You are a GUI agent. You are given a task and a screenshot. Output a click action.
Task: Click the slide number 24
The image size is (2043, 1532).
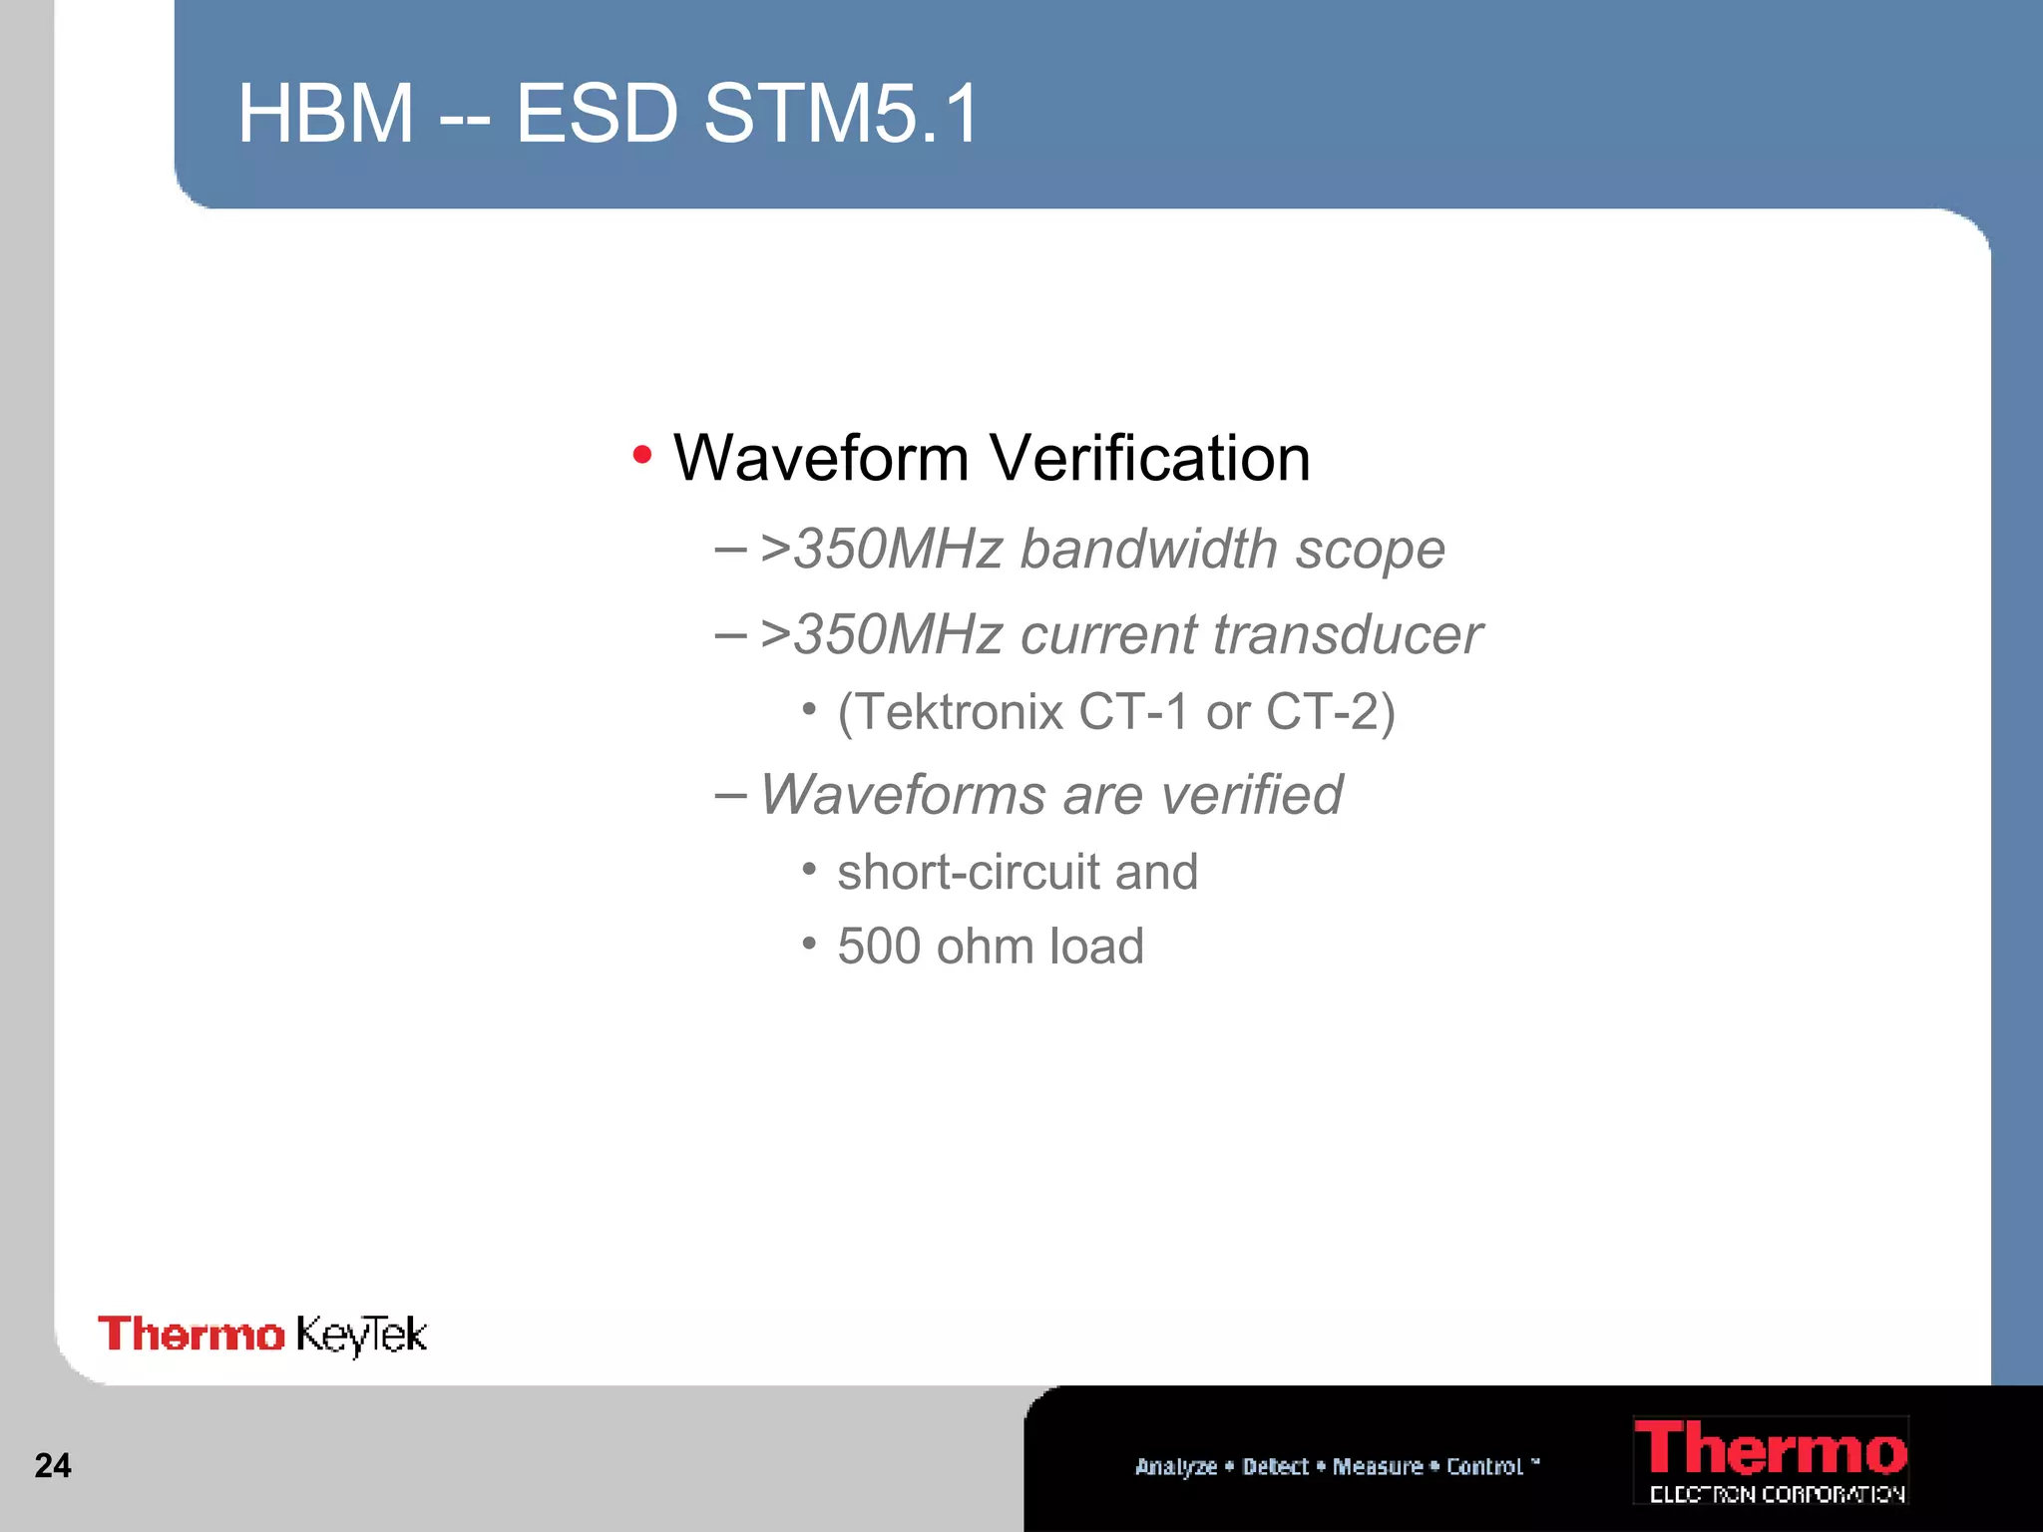click(x=53, y=1465)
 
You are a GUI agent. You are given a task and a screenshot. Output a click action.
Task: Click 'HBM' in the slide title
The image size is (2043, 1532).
click(x=325, y=114)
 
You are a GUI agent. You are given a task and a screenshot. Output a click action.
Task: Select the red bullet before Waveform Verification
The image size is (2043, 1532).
click(x=642, y=456)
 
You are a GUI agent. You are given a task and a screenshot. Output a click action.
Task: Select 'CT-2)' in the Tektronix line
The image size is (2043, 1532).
click(x=1331, y=712)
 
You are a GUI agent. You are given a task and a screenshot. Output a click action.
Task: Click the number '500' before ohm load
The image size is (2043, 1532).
click(x=877, y=946)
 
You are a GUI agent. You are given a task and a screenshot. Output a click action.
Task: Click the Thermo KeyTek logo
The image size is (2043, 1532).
click(x=262, y=1335)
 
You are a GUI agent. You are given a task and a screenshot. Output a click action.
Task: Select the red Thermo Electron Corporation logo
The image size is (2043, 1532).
click(x=1770, y=1459)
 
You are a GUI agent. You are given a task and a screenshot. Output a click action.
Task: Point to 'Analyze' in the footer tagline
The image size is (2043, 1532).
click(x=1176, y=1466)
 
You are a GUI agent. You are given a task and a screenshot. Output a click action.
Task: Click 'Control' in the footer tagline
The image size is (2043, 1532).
click(x=1484, y=1466)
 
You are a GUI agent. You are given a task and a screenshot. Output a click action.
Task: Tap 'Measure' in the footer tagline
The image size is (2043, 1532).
click(x=1378, y=1466)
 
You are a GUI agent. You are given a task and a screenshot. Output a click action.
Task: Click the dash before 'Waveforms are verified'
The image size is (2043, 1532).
click(x=730, y=795)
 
